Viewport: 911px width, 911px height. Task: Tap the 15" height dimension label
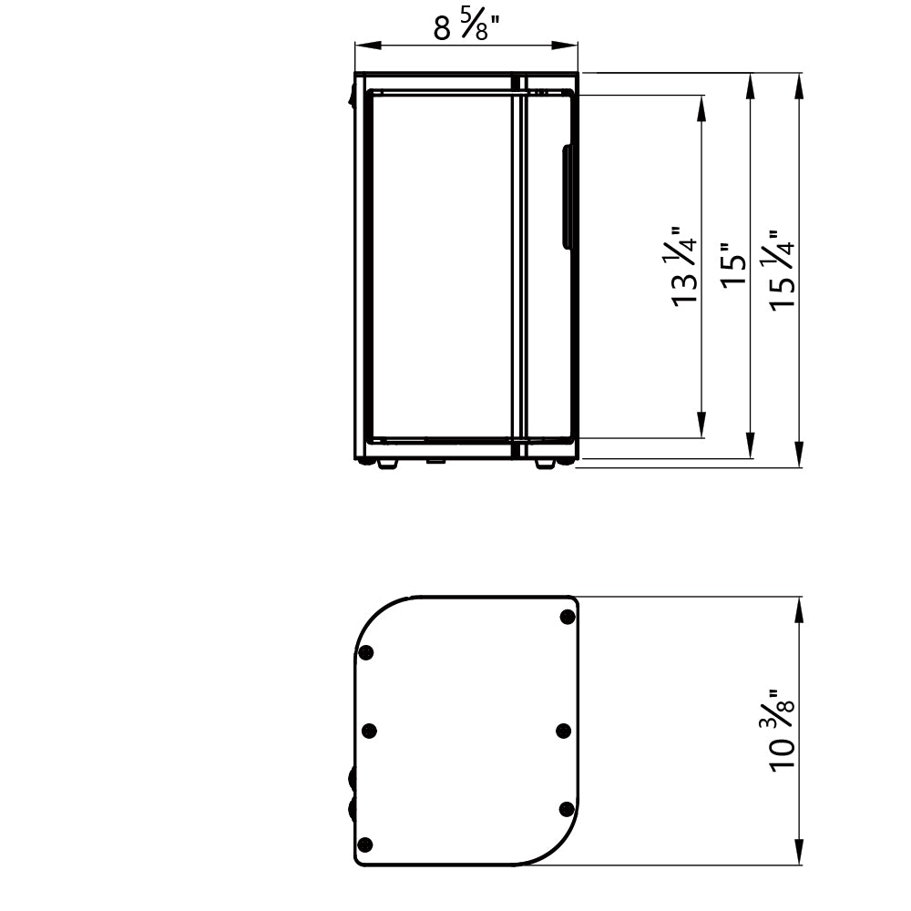[x=733, y=264]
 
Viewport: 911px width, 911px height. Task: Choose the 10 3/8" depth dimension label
[x=782, y=731]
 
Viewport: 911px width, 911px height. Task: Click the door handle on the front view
[x=567, y=197]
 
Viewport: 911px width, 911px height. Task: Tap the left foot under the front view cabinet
[x=387, y=465]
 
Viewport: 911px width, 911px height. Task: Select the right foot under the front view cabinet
[x=545, y=465]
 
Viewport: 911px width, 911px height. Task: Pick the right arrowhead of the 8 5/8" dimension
[x=565, y=46]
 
